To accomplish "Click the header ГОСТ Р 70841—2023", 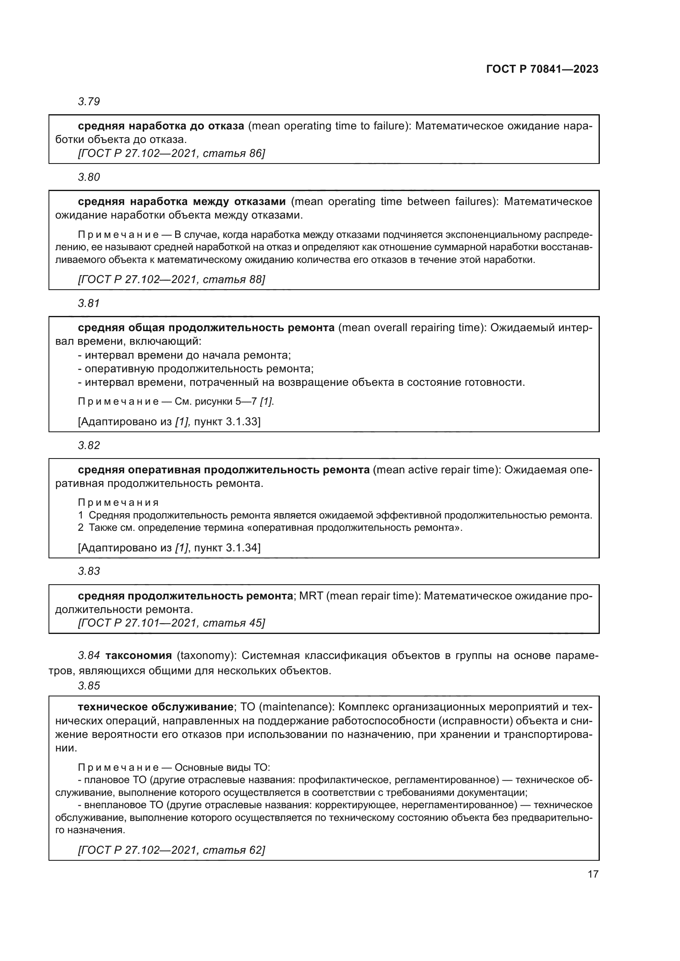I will (x=542, y=69).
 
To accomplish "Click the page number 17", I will (x=593, y=874).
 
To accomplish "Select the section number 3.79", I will (x=89, y=101).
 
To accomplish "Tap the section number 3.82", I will (x=89, y=445).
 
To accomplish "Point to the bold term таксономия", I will (x=139, y=655).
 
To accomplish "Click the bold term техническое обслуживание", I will (x=155, y=707).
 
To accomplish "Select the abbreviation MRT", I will (x=311, y=596).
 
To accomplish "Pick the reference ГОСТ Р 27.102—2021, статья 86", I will (x=171, y=153).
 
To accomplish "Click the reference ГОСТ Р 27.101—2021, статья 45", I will (x=171, y=623).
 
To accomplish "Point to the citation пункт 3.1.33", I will (x=227, y=422).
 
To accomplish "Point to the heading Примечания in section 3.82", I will (x=118, y=502).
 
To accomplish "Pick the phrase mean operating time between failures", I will (x=393, y=202).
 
